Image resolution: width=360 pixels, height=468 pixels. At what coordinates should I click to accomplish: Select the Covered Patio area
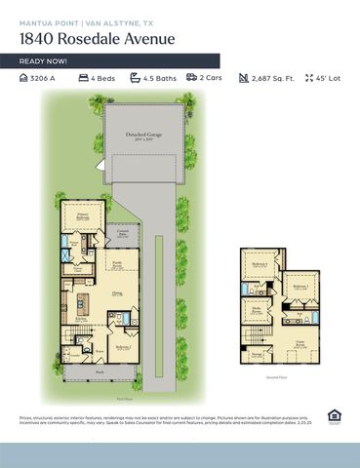pos(123,234)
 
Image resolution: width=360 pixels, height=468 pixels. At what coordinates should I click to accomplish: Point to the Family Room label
pos(116,264)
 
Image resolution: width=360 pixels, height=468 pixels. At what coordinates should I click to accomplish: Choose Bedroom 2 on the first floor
pos(122,347)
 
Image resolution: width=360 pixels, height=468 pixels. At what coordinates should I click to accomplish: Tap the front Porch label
pos(100,371)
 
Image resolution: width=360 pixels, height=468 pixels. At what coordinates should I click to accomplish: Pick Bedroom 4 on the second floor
pos(259,265)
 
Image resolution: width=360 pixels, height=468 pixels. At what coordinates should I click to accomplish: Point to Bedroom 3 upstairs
pos(301,287)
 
